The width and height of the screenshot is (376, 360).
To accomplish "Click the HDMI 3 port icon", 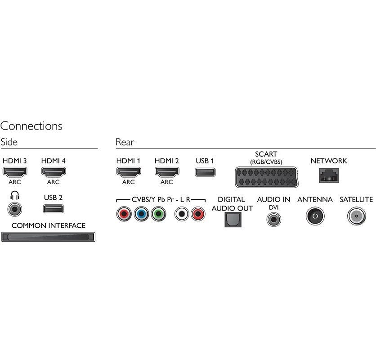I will pyautogui.click(x=15, y=171).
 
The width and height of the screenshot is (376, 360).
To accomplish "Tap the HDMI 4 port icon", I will pyautogui.click(x=54, y=171).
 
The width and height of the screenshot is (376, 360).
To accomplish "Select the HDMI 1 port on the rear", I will pyautogui.click(x=129, y=171).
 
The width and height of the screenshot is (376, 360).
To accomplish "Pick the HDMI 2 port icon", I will pyautogui.click(x=167, y=171).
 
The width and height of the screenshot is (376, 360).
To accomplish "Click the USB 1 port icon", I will pyautogui.click(x=205, y=171).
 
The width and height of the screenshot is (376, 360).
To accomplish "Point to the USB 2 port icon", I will pyautogui.click(x=54, y=209).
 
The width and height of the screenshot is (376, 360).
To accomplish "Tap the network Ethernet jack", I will pyautogui.click(x=328, y=175).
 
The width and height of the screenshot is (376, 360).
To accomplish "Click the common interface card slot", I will pyautogui.click(x=49, y=237).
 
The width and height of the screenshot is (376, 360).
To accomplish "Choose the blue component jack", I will pyautogui.click(x=141, y=214).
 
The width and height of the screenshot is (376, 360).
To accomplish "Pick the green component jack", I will pyautogui.click(x=158, y=214).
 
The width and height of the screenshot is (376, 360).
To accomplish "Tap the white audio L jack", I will pyautogui.click(x=181, y=214).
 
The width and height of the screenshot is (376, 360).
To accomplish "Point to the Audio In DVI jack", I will pyautogui.click(x=273, y=219).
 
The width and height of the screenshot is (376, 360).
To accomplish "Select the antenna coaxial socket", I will pyautogui.click(x=314, y=216).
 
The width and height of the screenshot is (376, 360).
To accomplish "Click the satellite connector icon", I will pyautogui.click(x=356, y=216).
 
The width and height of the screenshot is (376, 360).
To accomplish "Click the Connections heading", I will pyautogui.click(x=31, y=126).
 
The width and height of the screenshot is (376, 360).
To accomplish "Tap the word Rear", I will pyautogui.click(x=125, y=142).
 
